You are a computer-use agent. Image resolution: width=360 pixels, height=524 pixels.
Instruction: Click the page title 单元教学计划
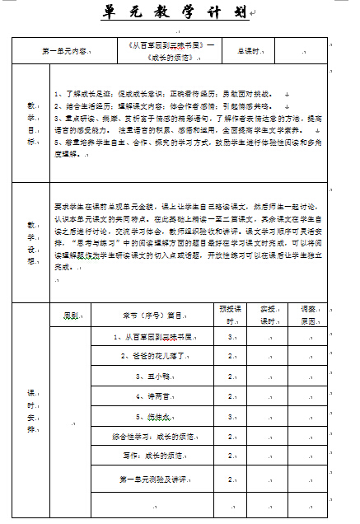[x=175, y=13]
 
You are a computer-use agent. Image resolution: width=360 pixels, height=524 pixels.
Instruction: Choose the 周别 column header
[x=71, y=315]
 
